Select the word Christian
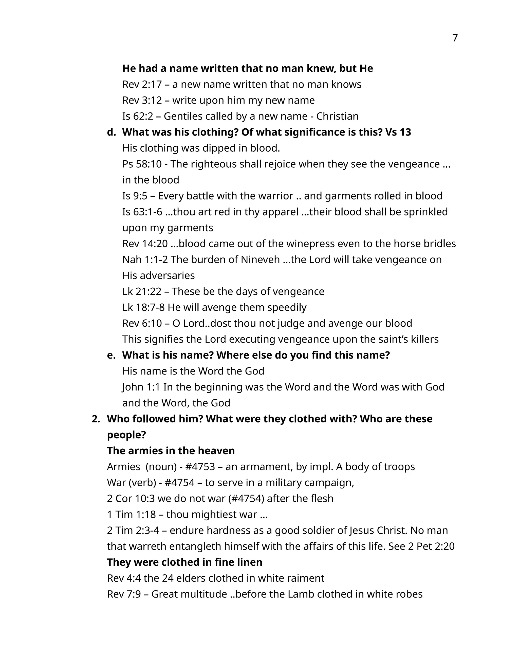click(337, 116)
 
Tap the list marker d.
click(111, 132)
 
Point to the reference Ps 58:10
click(142, 164)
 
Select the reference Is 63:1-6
click(142, 212)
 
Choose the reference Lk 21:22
click(142, 291)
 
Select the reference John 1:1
click(141, 387)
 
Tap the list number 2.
click(96, 419)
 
